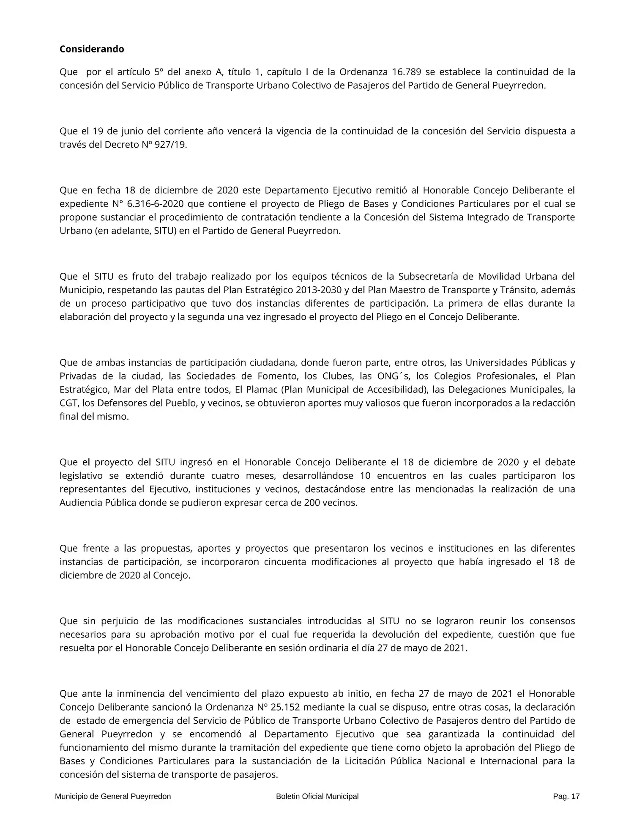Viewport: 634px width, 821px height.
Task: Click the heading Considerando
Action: [92, 49]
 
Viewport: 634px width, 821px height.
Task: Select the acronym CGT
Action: [68, 403]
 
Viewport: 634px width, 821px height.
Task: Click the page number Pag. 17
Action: [566, 796]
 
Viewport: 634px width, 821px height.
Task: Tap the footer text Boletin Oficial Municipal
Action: [317, 796]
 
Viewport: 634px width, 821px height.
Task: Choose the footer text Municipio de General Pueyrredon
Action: [113, 796]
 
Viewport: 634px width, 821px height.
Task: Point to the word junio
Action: [134, 131]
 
